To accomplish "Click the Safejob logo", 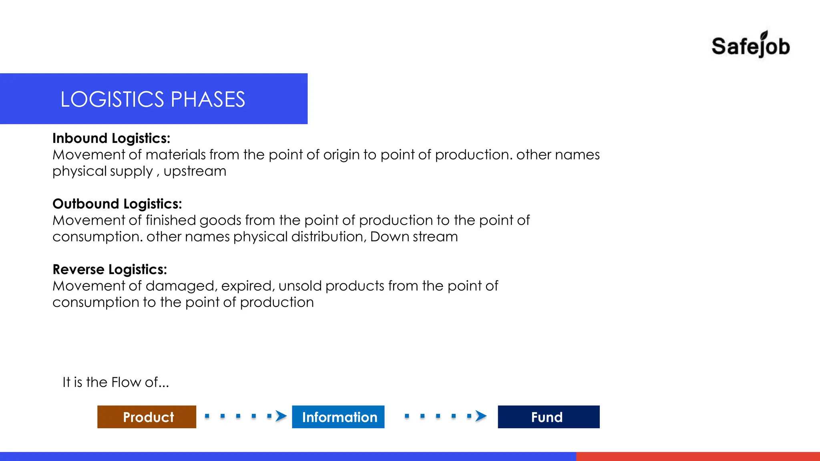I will coord(750,45).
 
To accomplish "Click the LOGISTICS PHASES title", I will coord(153,99).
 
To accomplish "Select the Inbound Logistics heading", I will coord(111,138).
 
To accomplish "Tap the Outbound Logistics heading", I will coord(117,204).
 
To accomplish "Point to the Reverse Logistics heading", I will coord(110,270).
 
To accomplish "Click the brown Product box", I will coord(147,417).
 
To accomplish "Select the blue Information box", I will coord(338,417).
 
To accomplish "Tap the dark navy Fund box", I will coord(548,417).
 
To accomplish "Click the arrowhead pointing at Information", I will coord(281,416).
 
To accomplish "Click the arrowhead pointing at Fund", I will coord(480,416).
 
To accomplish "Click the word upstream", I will coord(195,171).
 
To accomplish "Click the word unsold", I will coord(300,286).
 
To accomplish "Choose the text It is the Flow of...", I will coord(115,383).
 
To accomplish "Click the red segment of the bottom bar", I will coord(697,456).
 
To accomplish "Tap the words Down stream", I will coord(414,237).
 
